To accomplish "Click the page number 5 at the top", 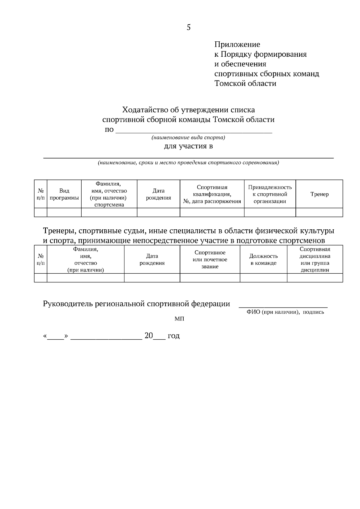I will pos(188,28).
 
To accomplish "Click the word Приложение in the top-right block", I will pos(237,45).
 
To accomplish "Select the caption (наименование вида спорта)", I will pos(188,138).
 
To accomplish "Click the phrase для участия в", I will pos(188,146).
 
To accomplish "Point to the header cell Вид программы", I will pos(64,194).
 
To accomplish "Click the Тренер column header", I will pos(319,194).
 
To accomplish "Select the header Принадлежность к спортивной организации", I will pos(270,194).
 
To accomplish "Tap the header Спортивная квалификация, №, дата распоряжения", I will pos(212,194).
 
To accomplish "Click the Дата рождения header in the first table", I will pos(158,194).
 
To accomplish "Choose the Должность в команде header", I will pos(263,260).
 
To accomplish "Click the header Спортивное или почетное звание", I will pos(210,260).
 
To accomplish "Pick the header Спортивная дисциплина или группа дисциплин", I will pos(315,260).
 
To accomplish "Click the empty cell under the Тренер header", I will pos(319,212).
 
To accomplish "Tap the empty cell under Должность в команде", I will pos(263,278).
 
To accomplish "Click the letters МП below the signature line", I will pos(179,319).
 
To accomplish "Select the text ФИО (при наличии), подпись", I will pos(285,312).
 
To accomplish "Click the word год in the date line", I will pos(173,336).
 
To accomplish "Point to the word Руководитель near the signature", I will pos(68,304).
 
